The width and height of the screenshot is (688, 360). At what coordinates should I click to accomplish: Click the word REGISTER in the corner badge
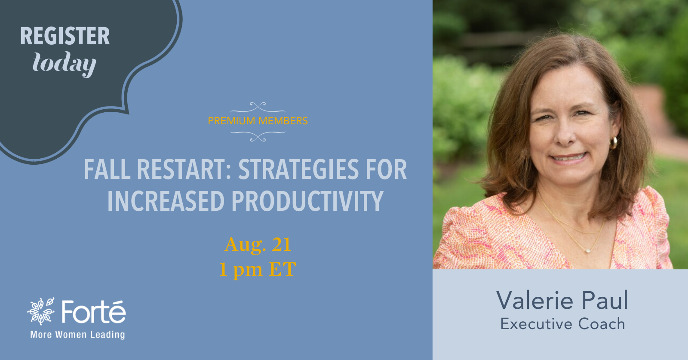pyautogui.click(x=65, y=36)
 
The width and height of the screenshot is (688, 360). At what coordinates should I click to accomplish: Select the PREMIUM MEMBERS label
pyautogui.click(x=258, y=121)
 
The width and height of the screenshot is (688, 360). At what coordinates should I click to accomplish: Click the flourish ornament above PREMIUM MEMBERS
pyautogui.click(x=258, y=108)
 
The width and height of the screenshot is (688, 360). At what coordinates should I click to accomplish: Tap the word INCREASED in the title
pyautogui.click(x=166, y=201)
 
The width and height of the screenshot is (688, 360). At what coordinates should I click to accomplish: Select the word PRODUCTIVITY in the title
pyautogui.click(x=307, y=201)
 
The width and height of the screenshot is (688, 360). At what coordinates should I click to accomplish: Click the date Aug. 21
pyautogui.click(x=258, y=245)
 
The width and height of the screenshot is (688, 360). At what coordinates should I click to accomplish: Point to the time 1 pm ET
pyautogui.click(x=258, y=270)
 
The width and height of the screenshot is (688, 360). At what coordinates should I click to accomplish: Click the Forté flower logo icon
pyautogui.click(x=41, y=311)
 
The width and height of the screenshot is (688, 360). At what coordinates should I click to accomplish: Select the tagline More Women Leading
pyautogui.click(x=77, y=335)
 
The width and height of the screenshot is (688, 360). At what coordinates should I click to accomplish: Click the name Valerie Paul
pyautogui.click(x=562, y=300)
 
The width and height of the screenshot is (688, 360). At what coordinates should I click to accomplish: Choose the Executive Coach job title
pyautogui.click(x=563, y=324)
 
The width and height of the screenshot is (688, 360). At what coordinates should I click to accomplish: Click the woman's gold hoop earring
pyautogui.click(x=613, y=143)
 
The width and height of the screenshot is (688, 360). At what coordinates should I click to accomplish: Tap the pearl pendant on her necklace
pyautogui.click(x=588, y=251)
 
